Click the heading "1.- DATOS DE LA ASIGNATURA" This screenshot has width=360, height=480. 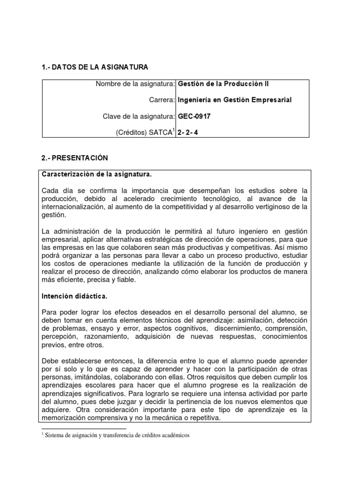(x=95, y=67)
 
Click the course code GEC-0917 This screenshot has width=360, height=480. (x=195, y=116)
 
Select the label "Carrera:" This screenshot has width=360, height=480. (x=162, y=100)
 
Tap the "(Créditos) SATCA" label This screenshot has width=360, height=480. (x=143, y=133)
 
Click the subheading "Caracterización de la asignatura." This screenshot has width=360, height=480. (x=97, y=174)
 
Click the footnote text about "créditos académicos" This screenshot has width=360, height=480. (x=117, y=435)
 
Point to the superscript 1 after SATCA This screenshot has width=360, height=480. (x=174, y=130)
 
